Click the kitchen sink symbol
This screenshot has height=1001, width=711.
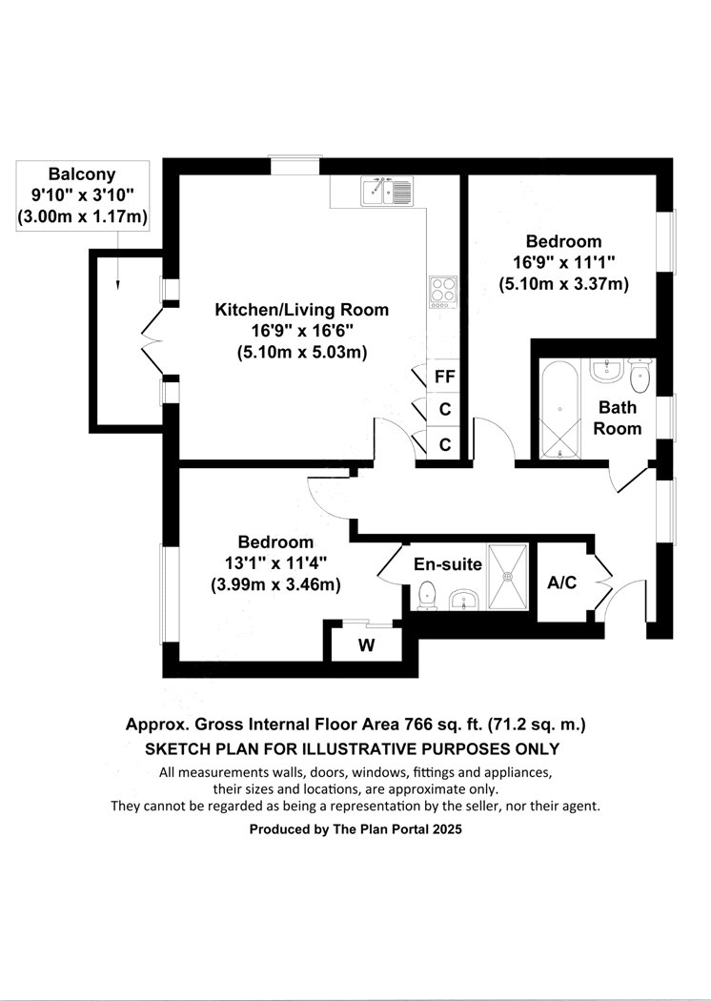click(x=387, y=191)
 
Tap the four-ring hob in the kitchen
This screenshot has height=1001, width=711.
click(x=443, y=293)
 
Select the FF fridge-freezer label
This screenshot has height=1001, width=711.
click(x=444, y=377)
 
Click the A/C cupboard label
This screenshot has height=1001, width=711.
click(x=562, y=582)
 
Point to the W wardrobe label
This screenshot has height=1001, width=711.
click(x=366, y=645)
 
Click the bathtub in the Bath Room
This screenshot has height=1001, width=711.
click(x=559, y=409)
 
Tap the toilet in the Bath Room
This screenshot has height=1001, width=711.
click(x=639, y=376)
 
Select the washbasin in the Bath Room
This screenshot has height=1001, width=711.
click(x=606, y=370)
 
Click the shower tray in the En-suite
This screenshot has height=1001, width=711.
click(x=508, y=577)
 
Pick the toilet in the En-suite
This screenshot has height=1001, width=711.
click(x=426, y=596)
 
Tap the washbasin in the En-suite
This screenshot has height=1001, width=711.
click(x=465, y=600)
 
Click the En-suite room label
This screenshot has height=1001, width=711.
click(x=448, y=564)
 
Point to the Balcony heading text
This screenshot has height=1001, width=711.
click(x=82, y=174)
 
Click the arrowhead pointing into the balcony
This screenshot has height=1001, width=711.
click(x=117, y=286)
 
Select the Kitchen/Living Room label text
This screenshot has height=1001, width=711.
click(x=302, y=310)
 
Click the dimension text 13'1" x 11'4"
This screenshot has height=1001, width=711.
click(x=275, y=563)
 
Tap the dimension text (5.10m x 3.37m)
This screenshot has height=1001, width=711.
click(x=564, y=283)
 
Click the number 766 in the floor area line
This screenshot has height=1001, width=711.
click(x=418, y=725)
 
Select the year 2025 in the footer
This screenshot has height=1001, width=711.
click(x=447, y=829)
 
